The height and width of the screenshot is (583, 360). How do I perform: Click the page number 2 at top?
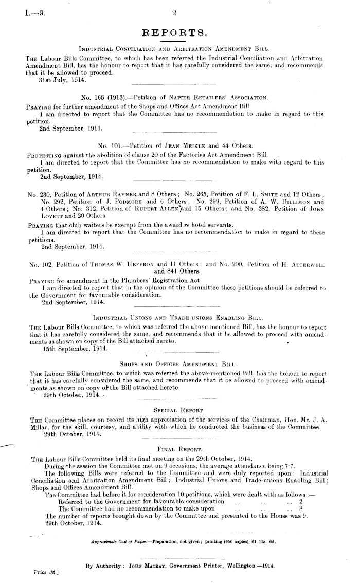[175, 7]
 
